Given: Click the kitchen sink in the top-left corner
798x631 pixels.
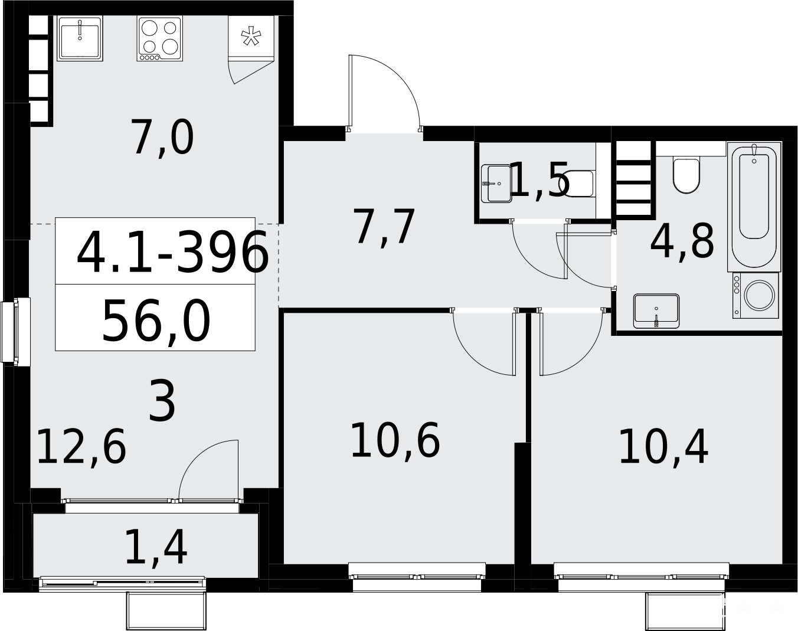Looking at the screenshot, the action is pos(80,38).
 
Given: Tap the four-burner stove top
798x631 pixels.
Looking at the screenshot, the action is pos(160,38).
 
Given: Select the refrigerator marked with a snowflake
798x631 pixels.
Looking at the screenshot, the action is pos(251,37).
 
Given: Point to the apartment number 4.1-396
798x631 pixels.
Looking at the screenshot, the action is pos(172,252).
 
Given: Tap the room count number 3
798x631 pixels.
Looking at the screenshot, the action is pos(162,403).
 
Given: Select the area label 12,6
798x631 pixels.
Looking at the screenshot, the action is pos(82,447).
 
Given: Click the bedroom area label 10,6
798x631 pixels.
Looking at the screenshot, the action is pos(395,440).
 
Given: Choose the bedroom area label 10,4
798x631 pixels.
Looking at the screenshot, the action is pos(664,447).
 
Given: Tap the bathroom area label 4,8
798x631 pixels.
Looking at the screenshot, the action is pos(682,241).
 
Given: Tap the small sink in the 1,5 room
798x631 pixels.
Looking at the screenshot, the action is pos(496,184).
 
